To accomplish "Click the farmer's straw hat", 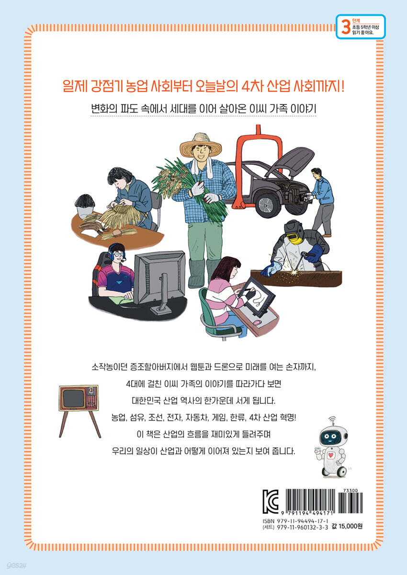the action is [201, 145].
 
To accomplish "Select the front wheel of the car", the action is [265, 204].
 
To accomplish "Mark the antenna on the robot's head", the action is [332, 420].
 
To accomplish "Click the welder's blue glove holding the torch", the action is [315, 253].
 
